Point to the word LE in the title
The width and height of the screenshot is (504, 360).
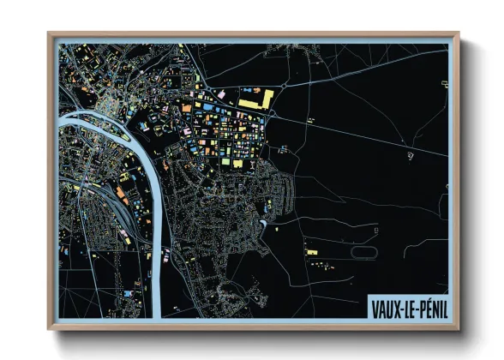pos(406,306)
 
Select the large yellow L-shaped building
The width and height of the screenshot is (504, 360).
pos(255,101)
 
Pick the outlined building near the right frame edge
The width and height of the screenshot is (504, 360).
pos(444,83)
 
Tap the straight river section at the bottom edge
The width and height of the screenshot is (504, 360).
pos(156,291)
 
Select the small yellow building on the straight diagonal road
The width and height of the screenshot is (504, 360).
pos(283,147)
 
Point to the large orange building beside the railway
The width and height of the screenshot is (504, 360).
pos(122,197)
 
